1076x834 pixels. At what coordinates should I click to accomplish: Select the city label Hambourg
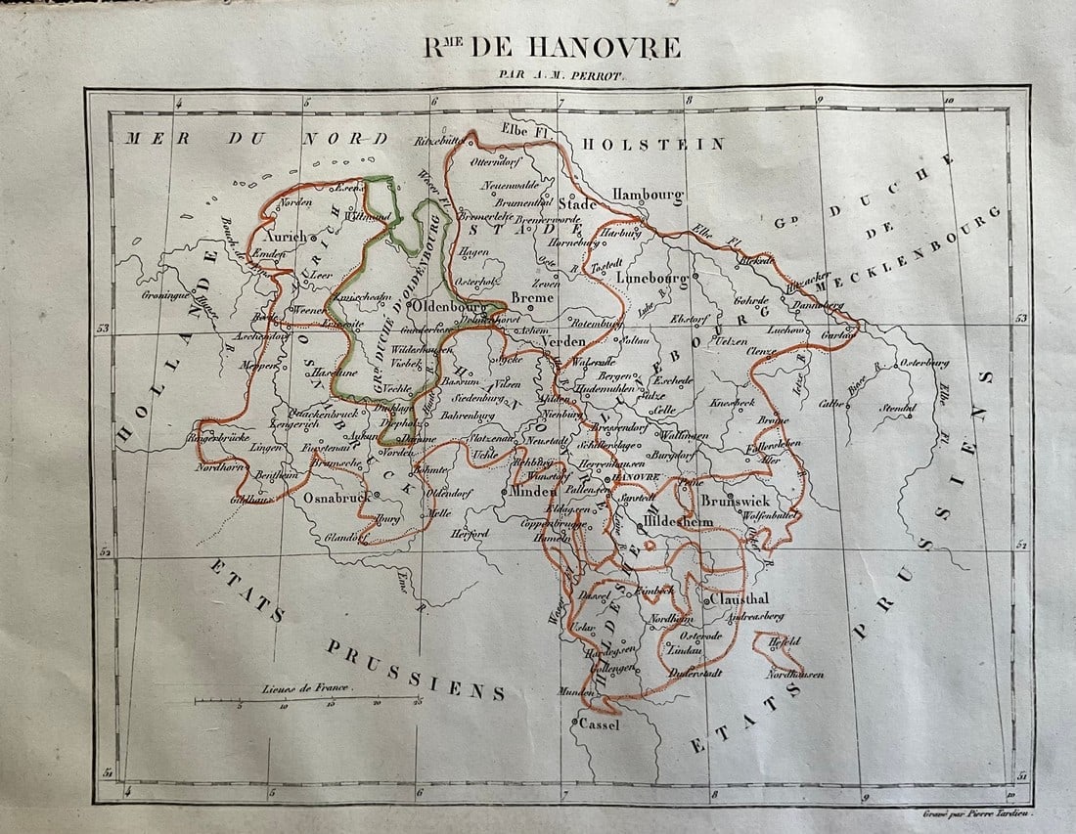tap(647, 195)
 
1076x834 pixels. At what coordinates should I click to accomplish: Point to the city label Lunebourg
tap(652, 277)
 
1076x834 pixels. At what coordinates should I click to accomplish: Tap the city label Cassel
tap(600, 724)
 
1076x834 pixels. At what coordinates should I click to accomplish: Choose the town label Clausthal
tap(740, 598)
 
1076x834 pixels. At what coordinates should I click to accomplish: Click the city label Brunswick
tap(736, 499)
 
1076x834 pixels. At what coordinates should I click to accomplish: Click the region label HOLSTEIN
tap(652, 144)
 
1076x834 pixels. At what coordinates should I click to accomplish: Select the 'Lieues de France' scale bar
tap(307, 699)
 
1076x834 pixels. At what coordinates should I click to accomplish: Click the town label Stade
tap(577, 204)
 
